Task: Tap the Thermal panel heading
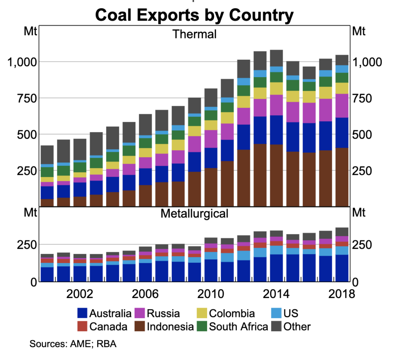click(x=194, y=34)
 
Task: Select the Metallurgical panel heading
click(x=194, y=214)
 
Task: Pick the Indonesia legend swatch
click(x=140, y=326)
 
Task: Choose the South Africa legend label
click(x=238, y=326)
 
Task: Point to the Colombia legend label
click(x=232, y=313)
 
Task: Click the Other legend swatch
click(x=276, y=326)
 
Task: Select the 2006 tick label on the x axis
click(x=145, y=294)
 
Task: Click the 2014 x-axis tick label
click(x=276, y=294)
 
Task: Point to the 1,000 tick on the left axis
click(x=22, y=62)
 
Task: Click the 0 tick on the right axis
click(x=356, y=282)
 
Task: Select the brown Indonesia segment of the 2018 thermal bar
click(x=342, y=177)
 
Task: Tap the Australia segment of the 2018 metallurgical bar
click(x=342, y=268)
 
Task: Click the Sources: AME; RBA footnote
click(x=73, y=344)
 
